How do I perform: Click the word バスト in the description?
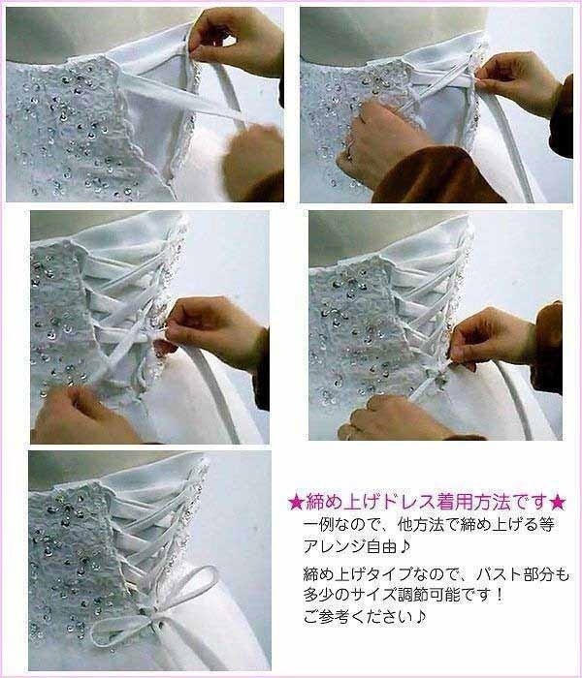469,576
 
